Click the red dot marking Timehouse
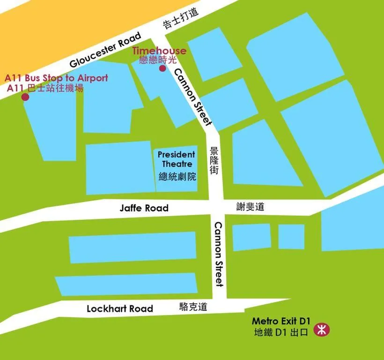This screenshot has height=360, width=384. click(162, 68)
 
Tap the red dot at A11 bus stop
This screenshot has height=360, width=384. click(25, 97)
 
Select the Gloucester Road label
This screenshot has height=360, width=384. click(105, 50)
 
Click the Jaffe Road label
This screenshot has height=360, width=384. click(143, 208)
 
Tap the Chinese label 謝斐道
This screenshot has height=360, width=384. click(250, 206)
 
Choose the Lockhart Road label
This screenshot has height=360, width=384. click(120, 308)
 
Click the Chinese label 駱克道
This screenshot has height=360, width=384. click(193, 307)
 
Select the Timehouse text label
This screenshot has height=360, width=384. click(159, 51)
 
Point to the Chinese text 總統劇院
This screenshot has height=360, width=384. click(177, 177)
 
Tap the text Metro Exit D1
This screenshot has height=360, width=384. click(281, 322)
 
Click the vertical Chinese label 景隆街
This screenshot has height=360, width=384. click(214, 161)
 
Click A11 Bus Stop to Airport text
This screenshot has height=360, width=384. click(56, 78)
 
